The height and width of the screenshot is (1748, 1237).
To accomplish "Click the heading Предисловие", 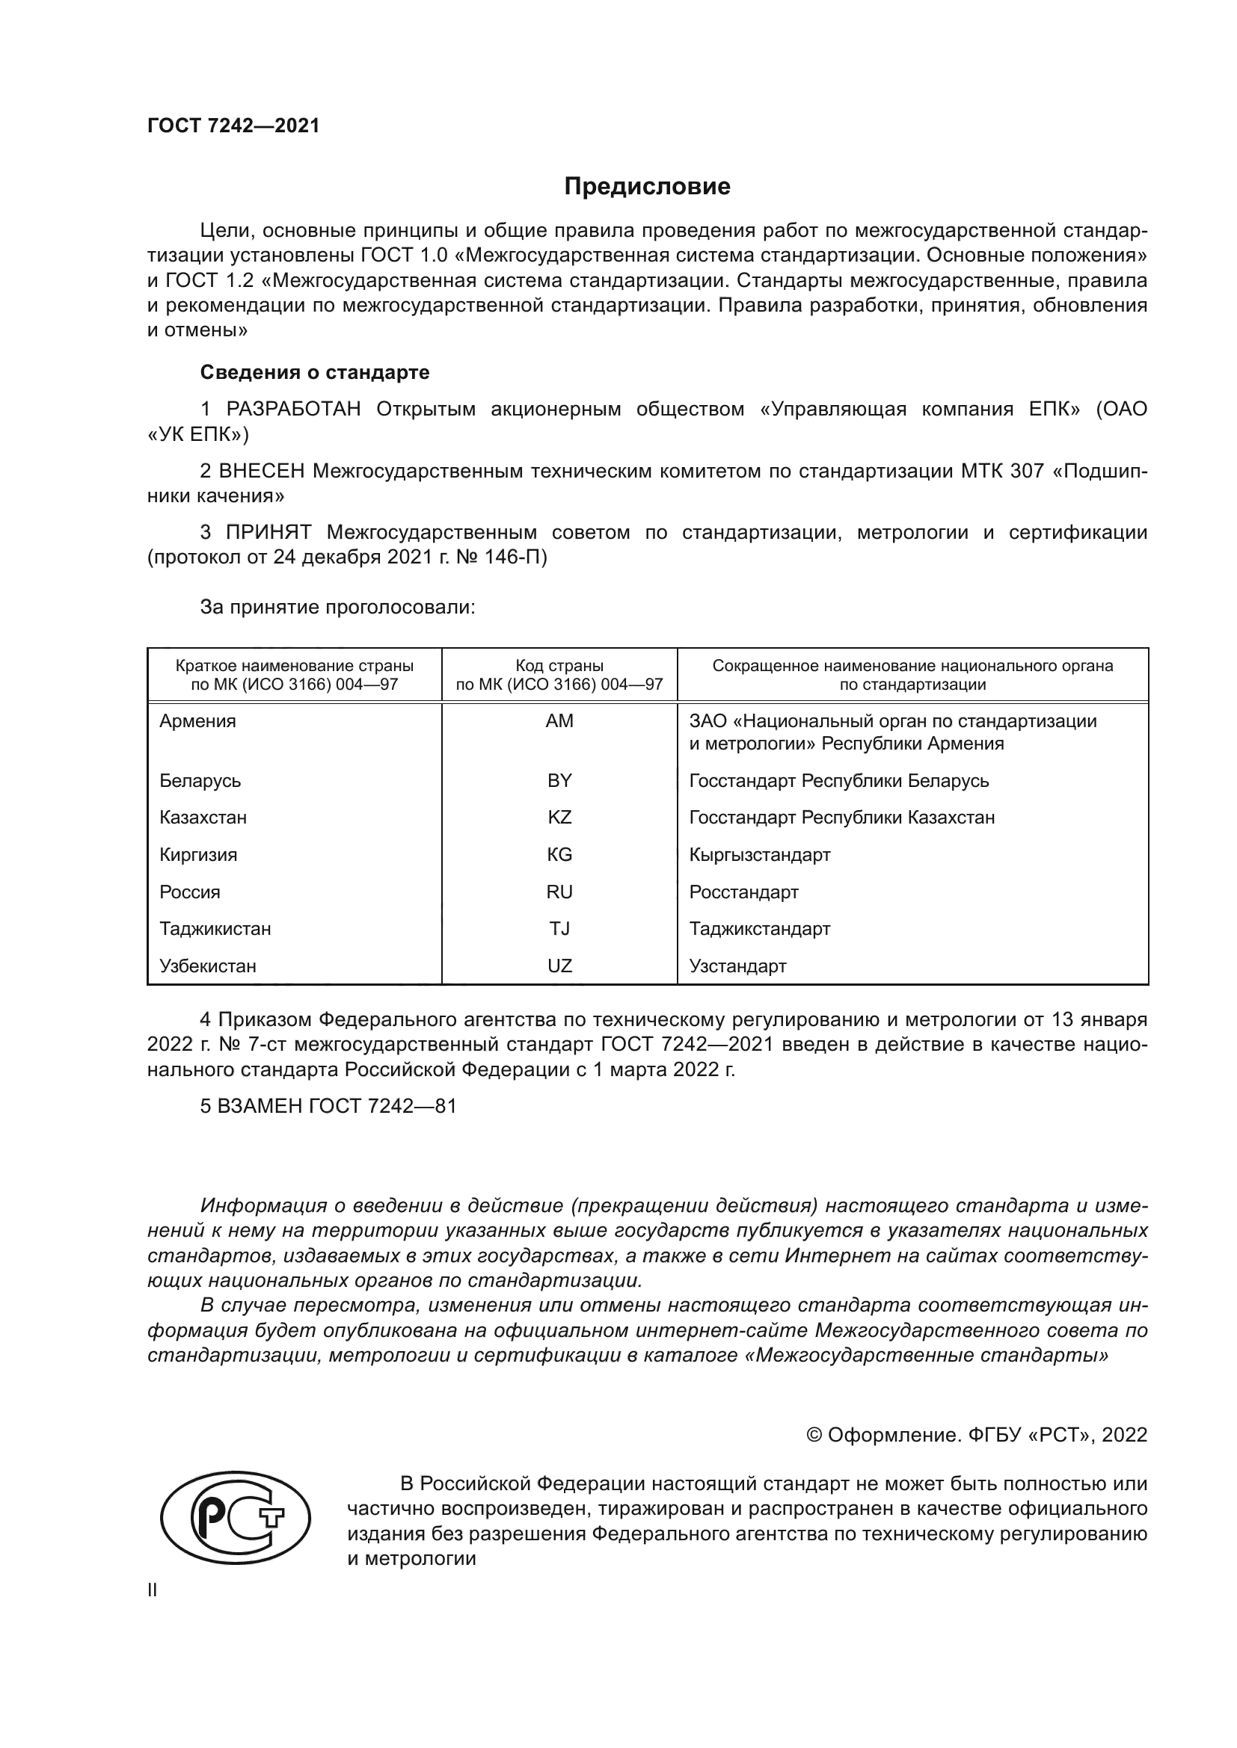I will coord(647,187).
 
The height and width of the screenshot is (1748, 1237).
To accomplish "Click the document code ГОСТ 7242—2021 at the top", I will coord(233,126).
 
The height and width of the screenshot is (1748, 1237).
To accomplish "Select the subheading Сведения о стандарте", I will coord(315,372).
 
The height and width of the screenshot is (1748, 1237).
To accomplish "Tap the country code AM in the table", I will coord(559,721).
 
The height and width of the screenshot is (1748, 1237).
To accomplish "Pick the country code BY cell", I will coord(559,780).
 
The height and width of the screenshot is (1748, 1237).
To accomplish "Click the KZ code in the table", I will coord(559,818).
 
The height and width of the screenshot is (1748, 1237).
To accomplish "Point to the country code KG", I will coord(559,854).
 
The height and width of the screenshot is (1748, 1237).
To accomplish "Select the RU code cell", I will coord(559,892).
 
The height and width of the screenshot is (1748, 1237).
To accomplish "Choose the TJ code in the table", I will coord(559,929).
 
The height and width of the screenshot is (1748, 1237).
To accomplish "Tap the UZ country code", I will coord(559,966).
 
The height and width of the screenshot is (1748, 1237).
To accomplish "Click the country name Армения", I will coord(197,721).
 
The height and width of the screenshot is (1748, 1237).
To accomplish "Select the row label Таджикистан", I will coord(215,929).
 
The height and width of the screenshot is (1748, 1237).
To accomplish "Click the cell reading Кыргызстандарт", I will coord(759,854).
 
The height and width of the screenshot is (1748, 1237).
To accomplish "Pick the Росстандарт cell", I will coord(743,892).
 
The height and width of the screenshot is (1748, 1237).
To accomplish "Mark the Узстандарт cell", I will coord(737,966).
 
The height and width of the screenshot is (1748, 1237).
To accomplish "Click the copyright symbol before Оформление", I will coord(814,1435).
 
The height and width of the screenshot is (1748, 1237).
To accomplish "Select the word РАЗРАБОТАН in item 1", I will coord(293,410).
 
